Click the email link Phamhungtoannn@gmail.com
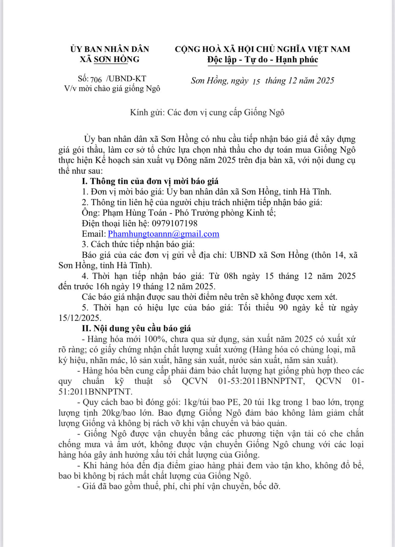[x=164, y=234]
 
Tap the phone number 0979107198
[x=175, y=223]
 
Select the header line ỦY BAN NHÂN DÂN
[x=110, y=49]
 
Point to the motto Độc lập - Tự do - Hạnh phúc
[x=262, y=59]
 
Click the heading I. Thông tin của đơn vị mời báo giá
[x=150, y=181]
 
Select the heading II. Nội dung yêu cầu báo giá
[x=136, y=328]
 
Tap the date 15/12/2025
[x=79, y=318]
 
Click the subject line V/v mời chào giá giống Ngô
[x=112, y=89]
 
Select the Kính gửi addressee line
[x=207, y=113]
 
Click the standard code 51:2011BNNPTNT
[x=95, y=392]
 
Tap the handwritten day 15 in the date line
[x=256, y=81]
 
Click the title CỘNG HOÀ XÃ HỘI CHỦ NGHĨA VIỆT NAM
[x=262, y=49]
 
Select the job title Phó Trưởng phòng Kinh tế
[x=225, y=213]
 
